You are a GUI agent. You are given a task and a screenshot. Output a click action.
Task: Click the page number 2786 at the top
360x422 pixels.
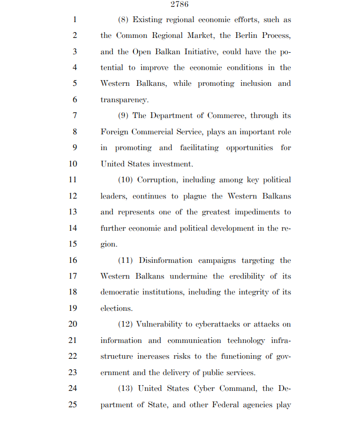180,5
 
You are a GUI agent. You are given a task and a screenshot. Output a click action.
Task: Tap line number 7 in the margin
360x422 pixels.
74,115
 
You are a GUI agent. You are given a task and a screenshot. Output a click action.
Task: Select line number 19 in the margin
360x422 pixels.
73,308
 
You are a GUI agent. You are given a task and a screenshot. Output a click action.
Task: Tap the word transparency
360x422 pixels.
124,100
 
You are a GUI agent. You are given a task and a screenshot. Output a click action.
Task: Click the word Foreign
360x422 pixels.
114,132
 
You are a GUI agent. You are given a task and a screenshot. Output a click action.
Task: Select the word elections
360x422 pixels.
116,308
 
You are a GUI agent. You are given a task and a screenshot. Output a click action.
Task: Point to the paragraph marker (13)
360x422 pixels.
125,389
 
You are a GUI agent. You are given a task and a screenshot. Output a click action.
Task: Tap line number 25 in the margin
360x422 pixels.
73,405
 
